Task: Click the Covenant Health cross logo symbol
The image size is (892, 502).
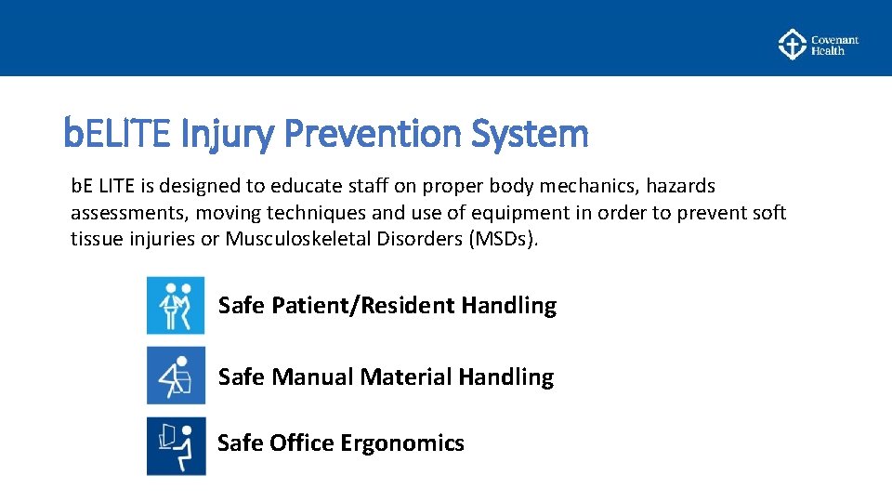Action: pyautogui.click(x=791, y=44)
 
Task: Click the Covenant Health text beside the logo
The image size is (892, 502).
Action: pyautogui.click(x=834, y=46)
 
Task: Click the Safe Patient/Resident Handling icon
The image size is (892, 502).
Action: pyautogui.click(x=176, y=305)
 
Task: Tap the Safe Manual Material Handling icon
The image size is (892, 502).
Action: pyautogui.click(x=176, y=376)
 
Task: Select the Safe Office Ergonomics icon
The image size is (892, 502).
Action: pyautogui.click(x=176, y=445)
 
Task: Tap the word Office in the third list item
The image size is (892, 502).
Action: pyautogui.click(x=301, y=443)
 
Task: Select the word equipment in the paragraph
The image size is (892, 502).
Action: pyautogui.click(x=522, y=213)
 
